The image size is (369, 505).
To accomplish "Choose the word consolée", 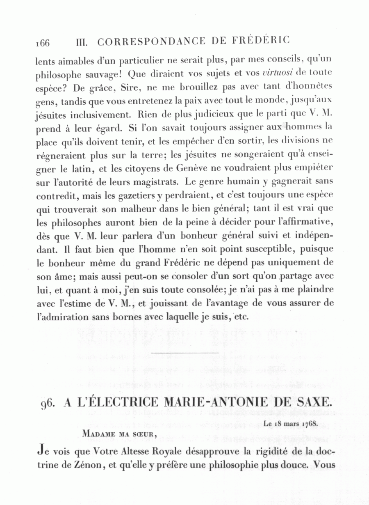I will (199, 290).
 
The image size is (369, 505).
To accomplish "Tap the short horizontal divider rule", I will (185, 352).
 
